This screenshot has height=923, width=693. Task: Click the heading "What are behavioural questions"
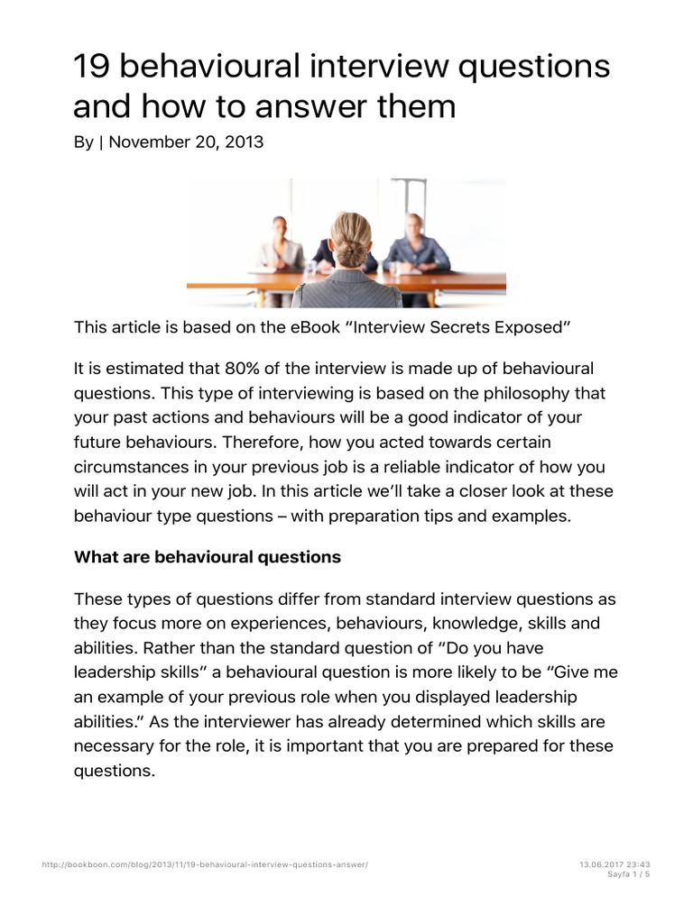pyautogui.click(x=208, y=557)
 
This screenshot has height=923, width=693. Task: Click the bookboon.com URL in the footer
pyautogui.click(x=206, y=864)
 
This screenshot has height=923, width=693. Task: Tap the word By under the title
pyautogui.click(x=84, y=142)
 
